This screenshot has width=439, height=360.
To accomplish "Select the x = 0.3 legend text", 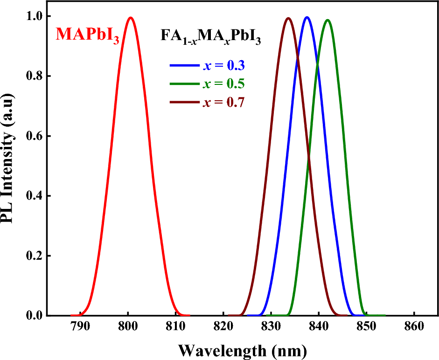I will [224, 66].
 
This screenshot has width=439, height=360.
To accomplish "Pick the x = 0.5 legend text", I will [224, 84].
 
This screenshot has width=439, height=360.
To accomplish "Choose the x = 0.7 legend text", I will [224, 102].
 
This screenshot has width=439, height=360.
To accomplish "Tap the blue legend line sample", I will [185, 66].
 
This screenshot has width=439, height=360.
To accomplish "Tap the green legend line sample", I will [185, 84].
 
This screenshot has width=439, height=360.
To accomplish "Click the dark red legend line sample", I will [185, 102].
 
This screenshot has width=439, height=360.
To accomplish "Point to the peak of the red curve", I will [131, 18].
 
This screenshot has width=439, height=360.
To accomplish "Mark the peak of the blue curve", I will [307, 17].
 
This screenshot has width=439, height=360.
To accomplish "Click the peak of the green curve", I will [328, 20].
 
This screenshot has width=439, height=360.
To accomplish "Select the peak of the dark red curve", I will [288, 18].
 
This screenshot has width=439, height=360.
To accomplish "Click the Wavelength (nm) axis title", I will [242, 349].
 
